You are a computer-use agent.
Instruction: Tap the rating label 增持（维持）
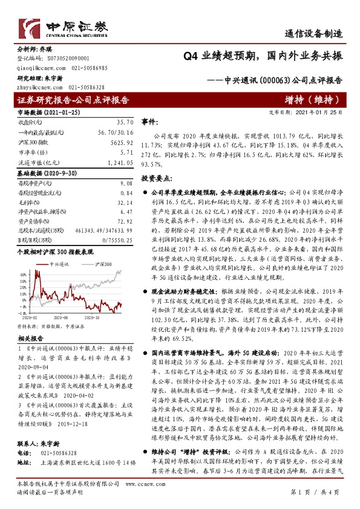coord(313,100)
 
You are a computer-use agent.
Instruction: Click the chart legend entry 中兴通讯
coord(61,264)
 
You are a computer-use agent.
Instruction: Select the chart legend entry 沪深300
coord(103,264)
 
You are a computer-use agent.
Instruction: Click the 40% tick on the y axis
coord(24,274)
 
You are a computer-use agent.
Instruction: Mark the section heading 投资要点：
coord(157,179)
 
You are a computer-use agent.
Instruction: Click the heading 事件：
coord(149,122)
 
